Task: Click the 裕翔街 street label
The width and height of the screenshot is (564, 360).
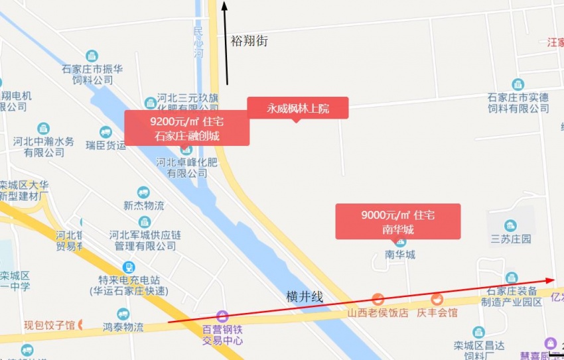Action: [249, 41]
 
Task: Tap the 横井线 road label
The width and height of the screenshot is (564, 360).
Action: [305, 297]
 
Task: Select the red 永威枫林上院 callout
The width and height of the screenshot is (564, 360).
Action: [298, 108]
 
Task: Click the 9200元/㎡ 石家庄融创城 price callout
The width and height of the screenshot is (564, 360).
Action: [186, 128]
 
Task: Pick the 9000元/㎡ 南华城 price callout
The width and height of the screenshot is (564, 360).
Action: [397, 221]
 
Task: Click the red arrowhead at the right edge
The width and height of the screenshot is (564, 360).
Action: [551, 280]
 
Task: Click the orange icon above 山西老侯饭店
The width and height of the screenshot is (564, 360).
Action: [378, 299]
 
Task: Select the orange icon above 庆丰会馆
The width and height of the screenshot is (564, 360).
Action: [437, 299]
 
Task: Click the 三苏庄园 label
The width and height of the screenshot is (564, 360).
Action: [510, 239]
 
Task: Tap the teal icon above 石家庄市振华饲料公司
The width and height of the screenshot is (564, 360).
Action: [92, 56]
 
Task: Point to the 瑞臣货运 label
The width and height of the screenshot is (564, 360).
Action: [106, 145]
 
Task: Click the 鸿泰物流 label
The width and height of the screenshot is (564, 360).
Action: [123, 327]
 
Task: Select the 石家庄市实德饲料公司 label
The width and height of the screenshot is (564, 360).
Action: [518, 103]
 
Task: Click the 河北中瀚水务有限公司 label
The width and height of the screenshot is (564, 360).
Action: [44, 147]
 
